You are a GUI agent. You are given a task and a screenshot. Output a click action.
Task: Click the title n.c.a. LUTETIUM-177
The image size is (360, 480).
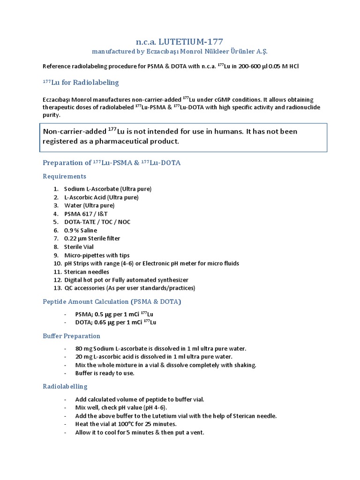(x=180, y=41)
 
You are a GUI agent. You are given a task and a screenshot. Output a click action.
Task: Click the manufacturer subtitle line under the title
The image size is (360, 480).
(x=180, y=51)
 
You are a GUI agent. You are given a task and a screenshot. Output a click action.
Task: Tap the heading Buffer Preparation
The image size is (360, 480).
(x=71, y=336)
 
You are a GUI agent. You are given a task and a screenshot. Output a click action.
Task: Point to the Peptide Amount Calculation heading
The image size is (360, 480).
(x=112, y=301)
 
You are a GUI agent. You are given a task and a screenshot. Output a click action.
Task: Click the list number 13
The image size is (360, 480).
(x=58, y=288)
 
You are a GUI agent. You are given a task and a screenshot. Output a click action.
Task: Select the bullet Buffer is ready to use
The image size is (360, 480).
(x=105, y=373)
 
